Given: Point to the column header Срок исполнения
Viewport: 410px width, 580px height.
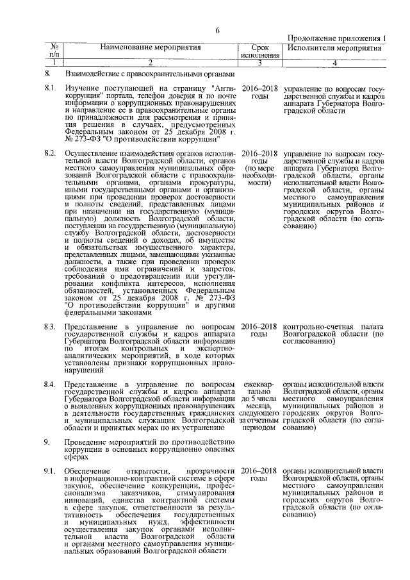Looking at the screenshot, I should (259, 52).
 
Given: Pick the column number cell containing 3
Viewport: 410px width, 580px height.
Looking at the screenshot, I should (259, 63).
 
